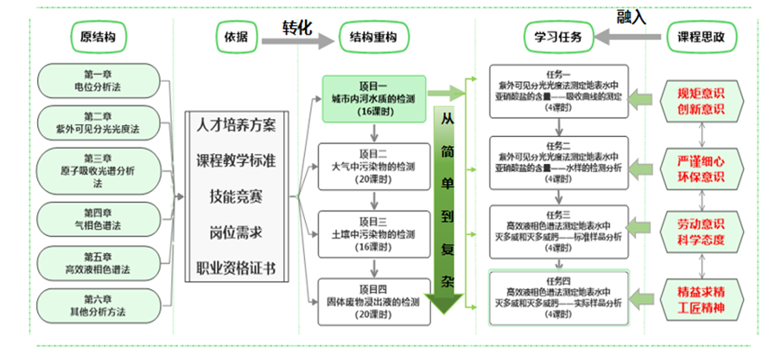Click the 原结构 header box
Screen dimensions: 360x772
tap(98, 37)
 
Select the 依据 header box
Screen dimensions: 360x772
tap(236, 37)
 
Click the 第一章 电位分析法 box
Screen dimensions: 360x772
tap(98, 80)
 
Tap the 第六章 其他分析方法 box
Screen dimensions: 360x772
tap(98, 304)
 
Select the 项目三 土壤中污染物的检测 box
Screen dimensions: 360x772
tap(372, 232)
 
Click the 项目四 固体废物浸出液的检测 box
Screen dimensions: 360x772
tap(372, 298)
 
